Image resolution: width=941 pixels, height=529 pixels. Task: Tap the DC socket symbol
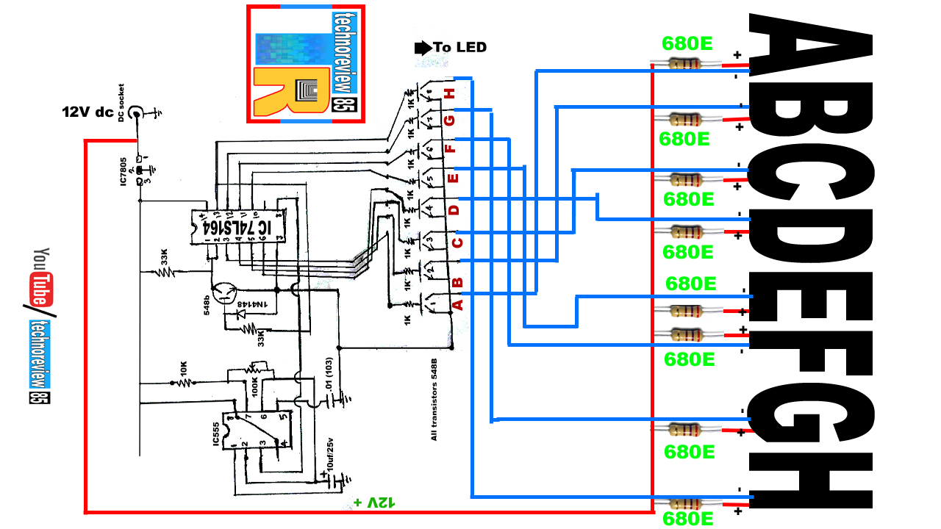click(x=137, y=113)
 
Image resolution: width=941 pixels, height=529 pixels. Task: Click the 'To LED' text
click(x=459, y=48)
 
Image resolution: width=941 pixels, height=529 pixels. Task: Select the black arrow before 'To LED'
click(x=423, y=48)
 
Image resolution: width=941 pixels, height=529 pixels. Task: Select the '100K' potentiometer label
click(x=254, y=383)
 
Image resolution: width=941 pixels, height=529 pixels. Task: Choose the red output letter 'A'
click(x=457, y=303)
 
